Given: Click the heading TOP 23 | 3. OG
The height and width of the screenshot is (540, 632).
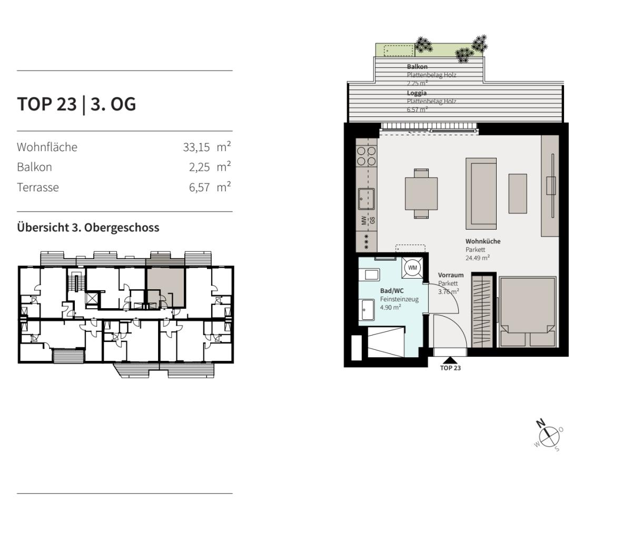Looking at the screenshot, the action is [76, 104].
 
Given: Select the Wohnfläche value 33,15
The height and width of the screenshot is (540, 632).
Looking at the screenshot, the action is [196, 148].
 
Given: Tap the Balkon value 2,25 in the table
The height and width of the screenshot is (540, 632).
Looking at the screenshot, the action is [200, 167].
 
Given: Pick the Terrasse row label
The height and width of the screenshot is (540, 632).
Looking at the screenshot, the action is [38, 188].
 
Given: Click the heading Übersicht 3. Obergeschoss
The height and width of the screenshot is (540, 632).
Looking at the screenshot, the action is [88, 228].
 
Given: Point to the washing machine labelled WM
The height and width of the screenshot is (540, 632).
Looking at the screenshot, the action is [412, 268].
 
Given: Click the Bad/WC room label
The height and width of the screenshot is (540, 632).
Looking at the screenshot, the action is [392, 291].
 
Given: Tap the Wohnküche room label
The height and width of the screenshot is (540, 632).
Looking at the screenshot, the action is [483, 241].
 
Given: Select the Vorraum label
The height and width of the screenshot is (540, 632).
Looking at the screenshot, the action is [451, 275].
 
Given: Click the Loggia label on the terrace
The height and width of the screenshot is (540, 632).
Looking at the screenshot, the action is [417, 93].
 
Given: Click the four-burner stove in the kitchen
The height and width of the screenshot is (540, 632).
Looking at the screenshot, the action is [367, 156].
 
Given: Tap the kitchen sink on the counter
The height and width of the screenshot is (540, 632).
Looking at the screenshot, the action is [367, 199].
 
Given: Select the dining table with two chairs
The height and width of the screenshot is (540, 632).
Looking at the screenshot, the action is [421, 193].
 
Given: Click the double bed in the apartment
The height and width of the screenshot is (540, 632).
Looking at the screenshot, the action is [527, 312].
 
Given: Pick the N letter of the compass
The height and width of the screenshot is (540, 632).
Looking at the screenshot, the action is [540, 423].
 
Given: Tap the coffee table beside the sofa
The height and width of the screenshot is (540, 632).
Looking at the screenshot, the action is [518, 193].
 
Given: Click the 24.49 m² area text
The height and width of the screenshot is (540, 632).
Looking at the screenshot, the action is [477, 258].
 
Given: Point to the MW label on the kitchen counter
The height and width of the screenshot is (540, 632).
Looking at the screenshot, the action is [364, 220].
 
